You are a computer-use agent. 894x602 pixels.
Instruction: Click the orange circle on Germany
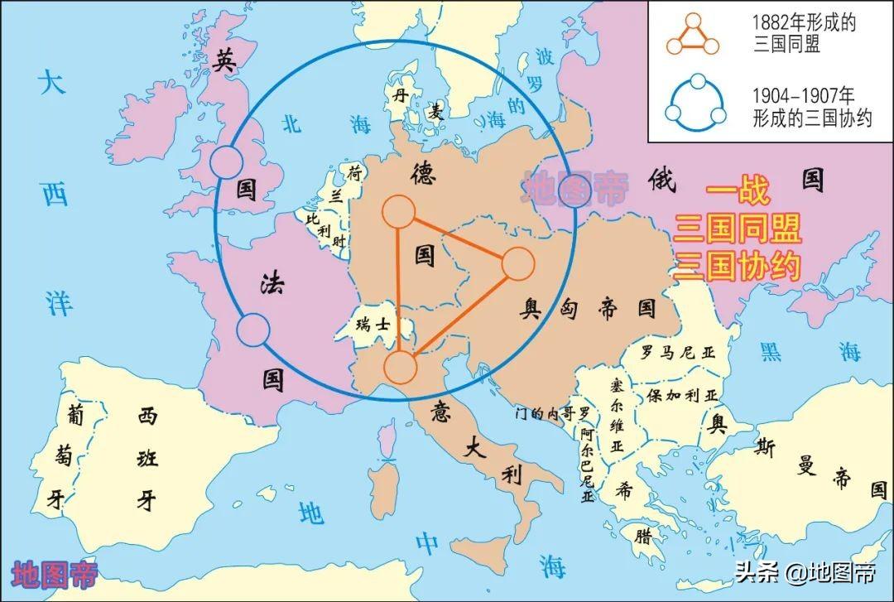[x=398, y=212]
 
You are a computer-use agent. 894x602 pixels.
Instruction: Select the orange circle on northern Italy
[x=400, y=367]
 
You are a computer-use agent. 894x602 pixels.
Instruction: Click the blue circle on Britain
[x=227, y=162]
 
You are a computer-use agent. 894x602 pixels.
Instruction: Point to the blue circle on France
[x=253, y=330]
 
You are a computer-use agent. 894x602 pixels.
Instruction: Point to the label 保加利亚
[x=684, y=395]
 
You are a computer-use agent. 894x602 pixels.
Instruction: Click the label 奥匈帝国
[x=589, y=309]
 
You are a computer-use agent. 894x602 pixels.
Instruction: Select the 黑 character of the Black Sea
[x=771, y=352]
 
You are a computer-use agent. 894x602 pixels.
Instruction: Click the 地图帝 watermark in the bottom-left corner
[x=55, y=574]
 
